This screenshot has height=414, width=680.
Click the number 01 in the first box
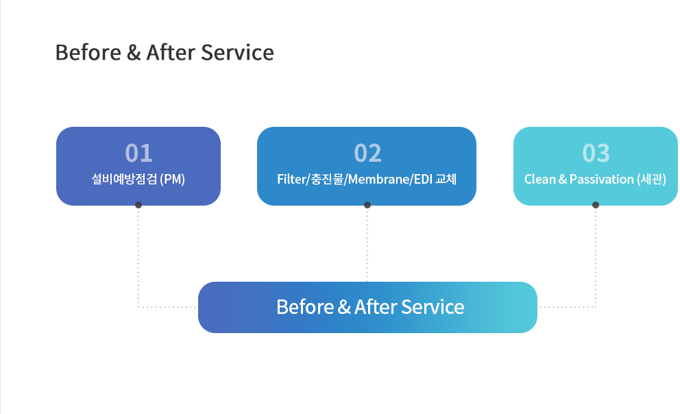pos(138,153)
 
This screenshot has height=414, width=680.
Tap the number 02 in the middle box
pos(367,153)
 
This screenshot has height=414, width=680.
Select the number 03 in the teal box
pos(596,153)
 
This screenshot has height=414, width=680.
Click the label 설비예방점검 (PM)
pos(138,179)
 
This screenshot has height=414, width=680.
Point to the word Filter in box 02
pos(292,179)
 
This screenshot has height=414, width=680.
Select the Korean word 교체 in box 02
pos(446,179)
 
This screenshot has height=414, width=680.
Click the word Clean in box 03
pos(540,179)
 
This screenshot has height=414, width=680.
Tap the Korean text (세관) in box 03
pos(651,179)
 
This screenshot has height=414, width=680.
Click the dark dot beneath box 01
pos(138,205)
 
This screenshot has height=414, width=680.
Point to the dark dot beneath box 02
pos(367,205)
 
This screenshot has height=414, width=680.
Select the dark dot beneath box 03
pos(596,205)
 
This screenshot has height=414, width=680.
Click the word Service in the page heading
pos(238,53)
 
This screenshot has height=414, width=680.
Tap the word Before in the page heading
pos(88,53)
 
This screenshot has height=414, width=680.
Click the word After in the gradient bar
pos(376,307)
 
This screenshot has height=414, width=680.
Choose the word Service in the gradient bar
pos(433,307)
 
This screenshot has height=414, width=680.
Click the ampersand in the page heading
pos(134,53)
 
